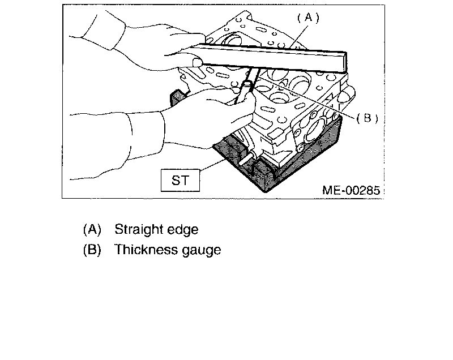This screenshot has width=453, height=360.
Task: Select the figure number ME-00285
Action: pyautogui.click(x=351, y=190)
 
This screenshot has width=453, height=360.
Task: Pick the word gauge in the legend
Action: pyautogui.click(x=200, y=250)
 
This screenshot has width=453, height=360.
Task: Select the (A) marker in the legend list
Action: pyautogui.click(x=92, y=229)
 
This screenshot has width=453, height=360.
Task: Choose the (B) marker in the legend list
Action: pyautogui.click(x=92, y=250)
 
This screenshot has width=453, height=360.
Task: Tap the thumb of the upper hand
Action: pyautogui.click(x=196, y=61)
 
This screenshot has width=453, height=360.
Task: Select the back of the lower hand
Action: pyautogui.click(x=193, y=119)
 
